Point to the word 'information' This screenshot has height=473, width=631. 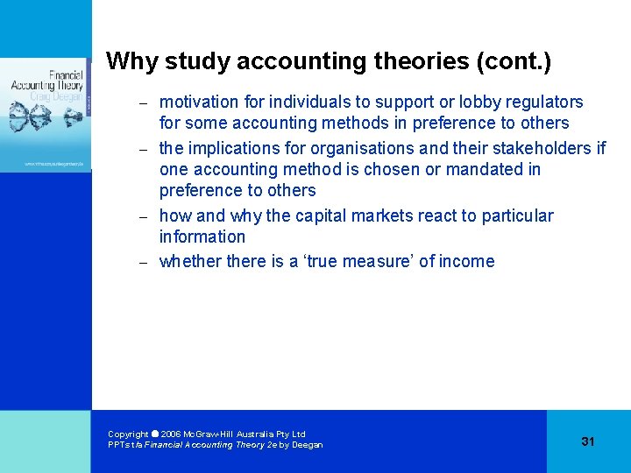[202, 236]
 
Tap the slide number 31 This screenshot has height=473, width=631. [587, 441]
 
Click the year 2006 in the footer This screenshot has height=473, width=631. [172, 434]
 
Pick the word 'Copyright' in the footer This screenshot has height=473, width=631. [128, 434]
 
